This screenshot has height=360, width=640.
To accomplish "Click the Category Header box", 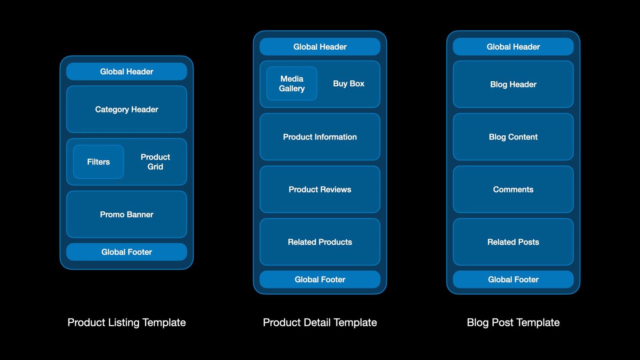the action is pos(127,109).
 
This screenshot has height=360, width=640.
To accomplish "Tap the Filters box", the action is pos(98,162).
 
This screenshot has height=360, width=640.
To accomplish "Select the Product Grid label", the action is pos(155,162).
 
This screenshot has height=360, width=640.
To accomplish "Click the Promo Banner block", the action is pos(127,214).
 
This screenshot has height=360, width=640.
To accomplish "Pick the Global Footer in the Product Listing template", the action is pos(127,252).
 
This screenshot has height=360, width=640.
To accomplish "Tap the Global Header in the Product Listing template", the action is pos(127,72).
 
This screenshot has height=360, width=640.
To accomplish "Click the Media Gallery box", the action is pos(292,84).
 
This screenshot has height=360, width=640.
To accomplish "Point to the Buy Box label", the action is pos(348,84).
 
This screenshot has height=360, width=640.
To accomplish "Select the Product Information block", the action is pos(320,137).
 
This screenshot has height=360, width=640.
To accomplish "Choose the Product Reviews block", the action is pos(320,189).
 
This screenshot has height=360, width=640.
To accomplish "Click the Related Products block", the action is pos(320,242).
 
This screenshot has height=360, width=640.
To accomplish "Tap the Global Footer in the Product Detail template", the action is pos(320,280).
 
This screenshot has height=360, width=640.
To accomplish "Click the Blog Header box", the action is pos(513,84).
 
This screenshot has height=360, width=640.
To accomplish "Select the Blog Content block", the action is pos(513,137).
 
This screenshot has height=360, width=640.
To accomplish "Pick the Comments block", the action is pos(513,189).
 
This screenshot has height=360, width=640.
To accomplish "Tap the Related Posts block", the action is pos(513,242).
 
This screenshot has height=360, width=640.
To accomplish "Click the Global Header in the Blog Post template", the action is pos(513,47).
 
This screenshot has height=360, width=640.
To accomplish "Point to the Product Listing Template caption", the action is pos(127,323).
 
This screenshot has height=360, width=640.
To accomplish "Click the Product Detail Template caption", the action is pos(320,323).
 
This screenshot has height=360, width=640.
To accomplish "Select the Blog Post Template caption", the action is pos(513,323).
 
